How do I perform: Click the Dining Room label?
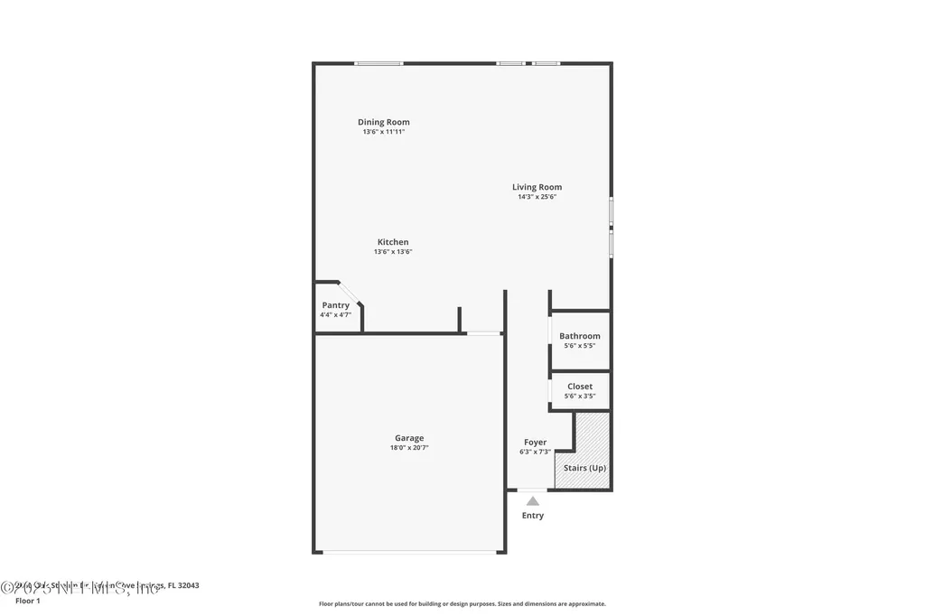[383, 122]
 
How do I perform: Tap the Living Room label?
[537, 187]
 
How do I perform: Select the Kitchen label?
[393, 242]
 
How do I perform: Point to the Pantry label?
[335, 305]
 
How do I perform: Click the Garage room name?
[408, 438]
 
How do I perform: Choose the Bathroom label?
[579, 336]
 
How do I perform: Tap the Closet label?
[580, 387]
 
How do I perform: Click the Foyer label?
[535, 443]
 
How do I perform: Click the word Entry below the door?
[533, 516]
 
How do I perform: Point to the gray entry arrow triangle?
[533, 500]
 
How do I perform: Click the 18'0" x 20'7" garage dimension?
[408, 448]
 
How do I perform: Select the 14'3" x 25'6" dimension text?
[537, 197]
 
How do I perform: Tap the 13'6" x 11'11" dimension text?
[383, 132]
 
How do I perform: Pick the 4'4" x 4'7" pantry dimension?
[335, 315]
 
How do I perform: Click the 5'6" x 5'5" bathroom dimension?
[579, 346]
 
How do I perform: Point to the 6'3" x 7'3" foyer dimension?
[535, 452]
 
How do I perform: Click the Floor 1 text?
[28, 601]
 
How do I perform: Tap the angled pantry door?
[350, 294]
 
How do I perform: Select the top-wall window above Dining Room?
[378, 63]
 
